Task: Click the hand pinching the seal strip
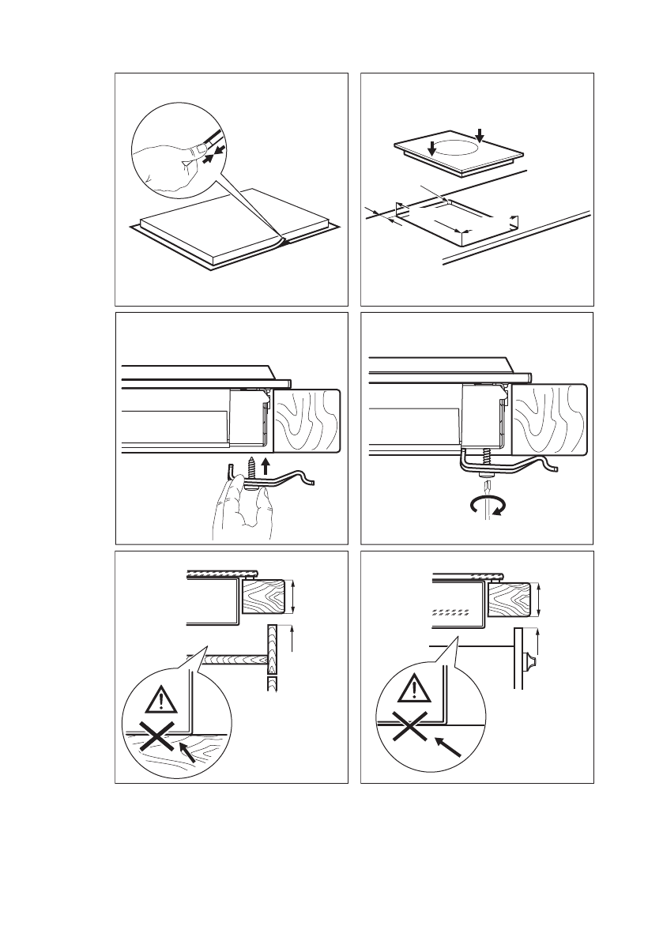170,162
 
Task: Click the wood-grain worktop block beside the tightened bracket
550,421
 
